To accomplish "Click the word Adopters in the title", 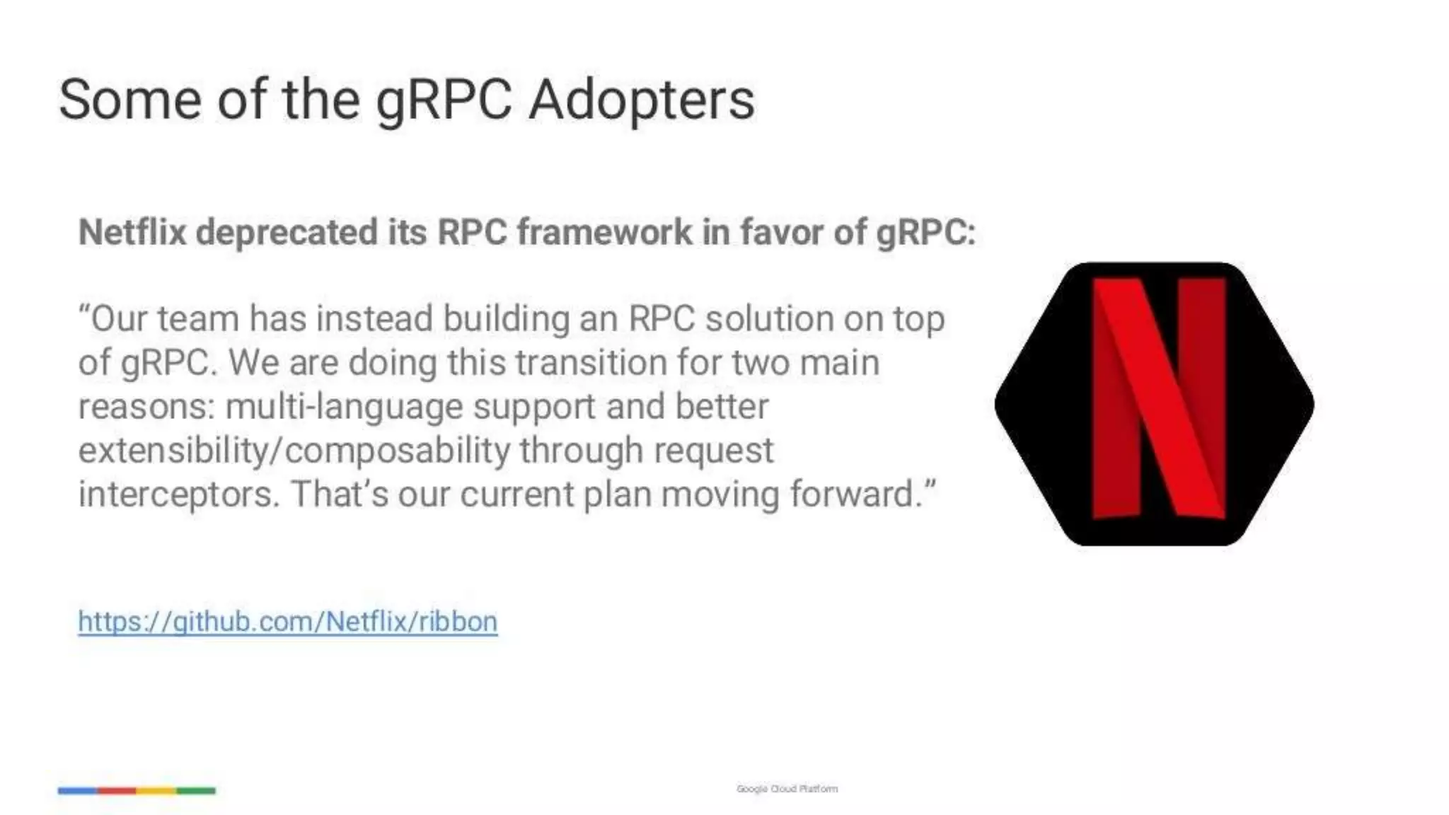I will click(642, 100).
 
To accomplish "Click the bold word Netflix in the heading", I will click(132, 232).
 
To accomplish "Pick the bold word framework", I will click(605, 232).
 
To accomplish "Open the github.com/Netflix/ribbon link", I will click(288, 622).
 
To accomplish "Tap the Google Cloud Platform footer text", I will click(787, 789).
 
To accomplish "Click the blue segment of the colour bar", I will click(78, 790).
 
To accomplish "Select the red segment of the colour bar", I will click(117, 790).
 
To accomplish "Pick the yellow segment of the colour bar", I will click(156, 790).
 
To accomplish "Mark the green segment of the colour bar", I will click(196, 790).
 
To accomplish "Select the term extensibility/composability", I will click(294, 451).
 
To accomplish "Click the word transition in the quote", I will click(590, 363).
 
